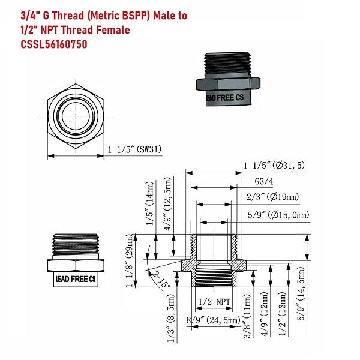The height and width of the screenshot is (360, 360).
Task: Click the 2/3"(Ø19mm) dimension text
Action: tap(273, 196)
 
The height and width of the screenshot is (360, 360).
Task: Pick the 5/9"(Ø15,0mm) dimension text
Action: tap(277, 214)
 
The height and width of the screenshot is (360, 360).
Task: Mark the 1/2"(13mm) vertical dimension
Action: tap(282, 316)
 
